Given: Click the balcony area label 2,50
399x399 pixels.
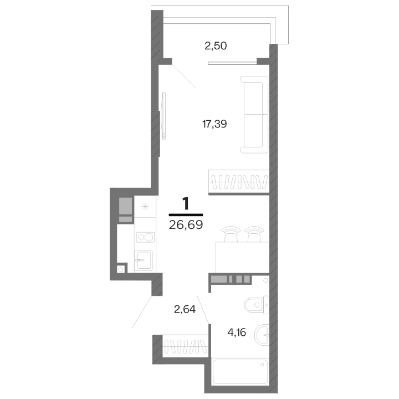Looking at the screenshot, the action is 216,46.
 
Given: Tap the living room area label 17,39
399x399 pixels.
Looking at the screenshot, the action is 214,124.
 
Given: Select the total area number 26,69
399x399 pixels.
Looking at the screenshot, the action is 186,224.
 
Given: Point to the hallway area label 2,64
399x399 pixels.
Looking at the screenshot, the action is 185,309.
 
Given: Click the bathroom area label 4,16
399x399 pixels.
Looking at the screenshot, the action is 237,332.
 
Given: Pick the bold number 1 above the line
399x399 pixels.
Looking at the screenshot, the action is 186,203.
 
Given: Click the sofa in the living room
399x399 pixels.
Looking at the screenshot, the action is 254,115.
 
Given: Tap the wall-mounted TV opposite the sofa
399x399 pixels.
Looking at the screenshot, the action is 163,116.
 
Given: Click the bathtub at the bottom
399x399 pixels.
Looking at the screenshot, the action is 240,371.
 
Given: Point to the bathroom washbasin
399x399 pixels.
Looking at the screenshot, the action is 262,335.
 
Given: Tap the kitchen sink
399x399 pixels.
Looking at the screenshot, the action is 144,260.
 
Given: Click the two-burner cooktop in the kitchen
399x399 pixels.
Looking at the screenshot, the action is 145,237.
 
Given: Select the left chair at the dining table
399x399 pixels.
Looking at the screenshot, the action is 231,234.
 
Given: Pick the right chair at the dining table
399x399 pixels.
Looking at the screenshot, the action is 254,234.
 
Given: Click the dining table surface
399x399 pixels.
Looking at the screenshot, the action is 243,257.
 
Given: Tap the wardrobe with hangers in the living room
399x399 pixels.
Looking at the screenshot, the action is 239,182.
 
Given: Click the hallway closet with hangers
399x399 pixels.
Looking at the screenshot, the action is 186,346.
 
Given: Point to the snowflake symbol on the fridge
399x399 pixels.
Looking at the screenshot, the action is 145,206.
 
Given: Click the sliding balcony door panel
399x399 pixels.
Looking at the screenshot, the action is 232,63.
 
